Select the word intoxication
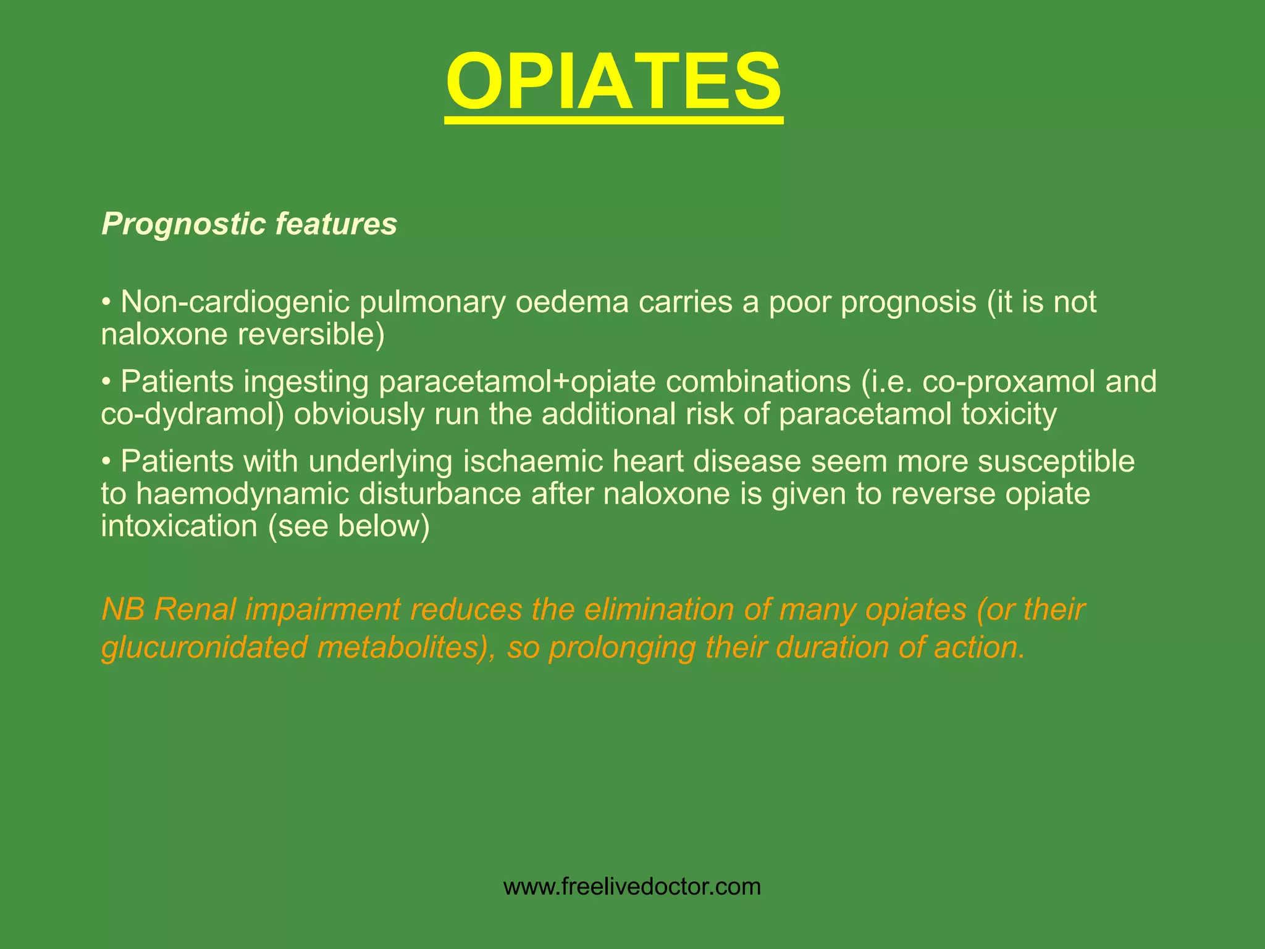coord(179,526)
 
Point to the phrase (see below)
coord(348,526)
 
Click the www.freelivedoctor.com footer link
coord(632,887)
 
